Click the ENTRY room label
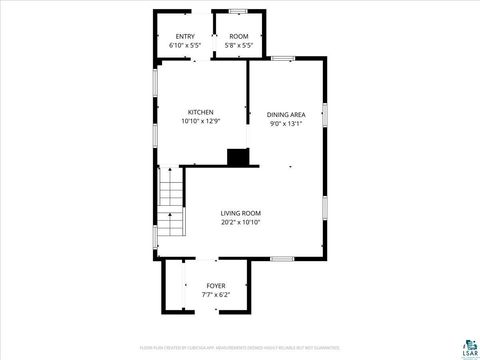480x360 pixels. [186, 37]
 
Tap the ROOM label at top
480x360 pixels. [238, 37]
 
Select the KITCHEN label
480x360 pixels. [201, 112]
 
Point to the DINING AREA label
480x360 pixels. [285, 115]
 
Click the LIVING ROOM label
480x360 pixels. [241, 213]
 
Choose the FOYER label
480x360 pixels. [216, 286]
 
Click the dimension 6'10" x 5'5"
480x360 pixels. [186, 46]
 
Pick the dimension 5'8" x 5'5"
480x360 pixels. [238, 46]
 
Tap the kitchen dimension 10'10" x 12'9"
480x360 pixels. [201, 121]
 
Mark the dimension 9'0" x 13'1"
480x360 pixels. [285, 124]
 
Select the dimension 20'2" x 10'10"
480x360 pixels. [241, 222]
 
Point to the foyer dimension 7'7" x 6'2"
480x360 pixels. [216, 295]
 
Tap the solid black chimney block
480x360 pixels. [238, 157]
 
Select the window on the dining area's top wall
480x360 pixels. [284, 58]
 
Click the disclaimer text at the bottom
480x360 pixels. [240, 347]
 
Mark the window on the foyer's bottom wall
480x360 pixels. [216, 314]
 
